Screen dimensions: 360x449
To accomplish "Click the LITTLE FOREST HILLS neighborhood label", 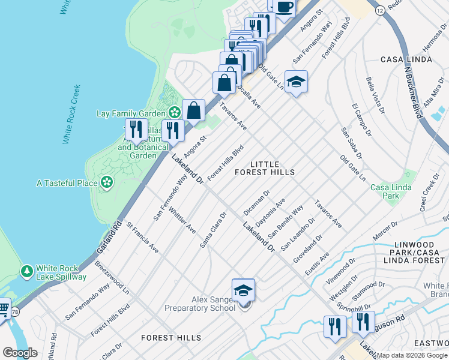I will [x=273, y=168].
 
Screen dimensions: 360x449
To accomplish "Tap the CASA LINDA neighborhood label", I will [x=406, y=59].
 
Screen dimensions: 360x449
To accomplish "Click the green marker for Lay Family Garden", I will [x=174, y=112].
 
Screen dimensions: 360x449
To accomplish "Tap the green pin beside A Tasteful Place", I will [x=107, y=182].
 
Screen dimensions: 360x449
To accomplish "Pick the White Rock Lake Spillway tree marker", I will [x=26, y=272].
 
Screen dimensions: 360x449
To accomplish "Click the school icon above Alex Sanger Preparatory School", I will [x=243, y=290].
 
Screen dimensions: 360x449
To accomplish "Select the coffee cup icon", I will [x=285, y=7].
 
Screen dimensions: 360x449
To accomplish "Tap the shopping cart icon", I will [x=3, y=309].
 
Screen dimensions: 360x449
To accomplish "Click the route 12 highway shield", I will [x=380, y=11].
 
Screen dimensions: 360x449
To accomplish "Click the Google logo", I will [x=20, y=353].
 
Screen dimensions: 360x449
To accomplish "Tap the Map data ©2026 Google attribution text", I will [x=412, y=355].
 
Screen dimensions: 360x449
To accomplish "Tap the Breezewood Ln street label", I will [x=112, y=277].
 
